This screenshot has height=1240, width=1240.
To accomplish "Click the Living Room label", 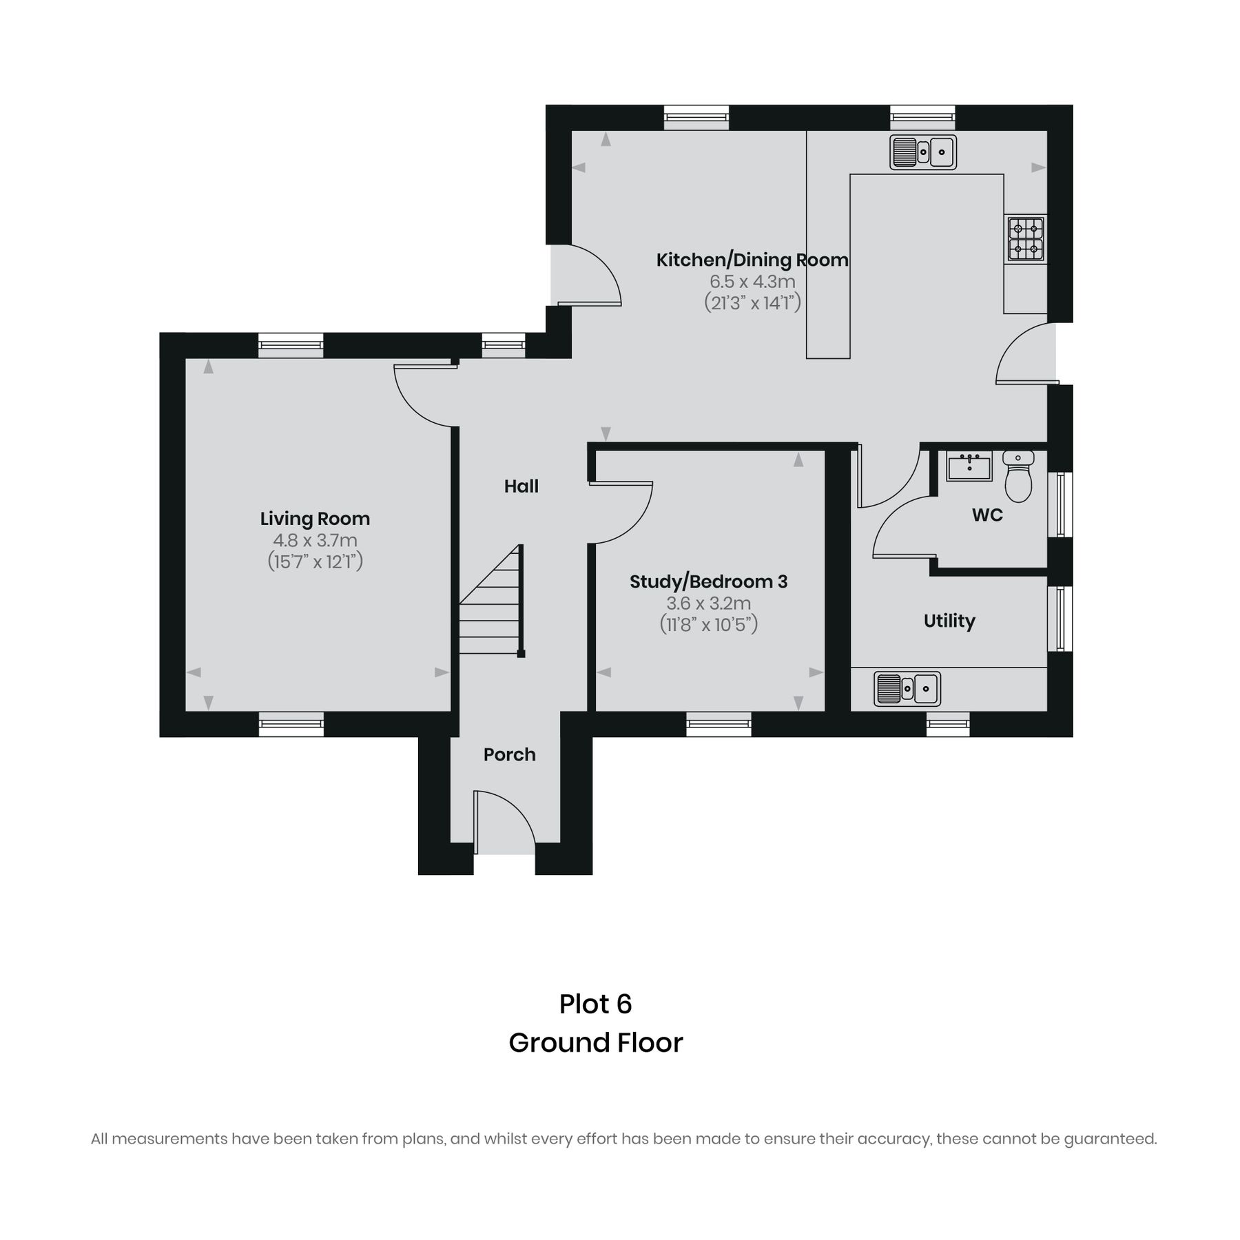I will click(315, 519).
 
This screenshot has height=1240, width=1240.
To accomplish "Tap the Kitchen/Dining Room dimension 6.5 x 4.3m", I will click(752, 282).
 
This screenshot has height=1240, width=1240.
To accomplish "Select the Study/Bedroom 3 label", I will click(708, 581).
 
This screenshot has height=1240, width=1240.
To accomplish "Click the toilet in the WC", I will click(1018, 476).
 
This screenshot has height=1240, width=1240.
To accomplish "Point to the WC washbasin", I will click(969, 467).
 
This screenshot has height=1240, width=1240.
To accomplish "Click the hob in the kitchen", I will click(1026, 238).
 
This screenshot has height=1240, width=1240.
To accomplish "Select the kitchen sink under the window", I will click(922, 152).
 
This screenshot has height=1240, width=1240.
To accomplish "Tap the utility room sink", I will click(907, 688).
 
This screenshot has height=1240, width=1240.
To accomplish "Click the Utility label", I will click(949, 621).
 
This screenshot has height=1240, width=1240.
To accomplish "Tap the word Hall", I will click(521, 486).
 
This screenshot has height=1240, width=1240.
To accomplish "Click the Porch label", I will click(509, 754).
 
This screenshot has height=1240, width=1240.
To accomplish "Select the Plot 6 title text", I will click(595, 1004).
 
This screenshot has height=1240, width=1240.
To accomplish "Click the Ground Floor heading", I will click(595, 1042).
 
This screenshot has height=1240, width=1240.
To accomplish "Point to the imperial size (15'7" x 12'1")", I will click(315, 561).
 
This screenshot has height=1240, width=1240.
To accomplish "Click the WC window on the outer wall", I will click(1061, 504).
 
